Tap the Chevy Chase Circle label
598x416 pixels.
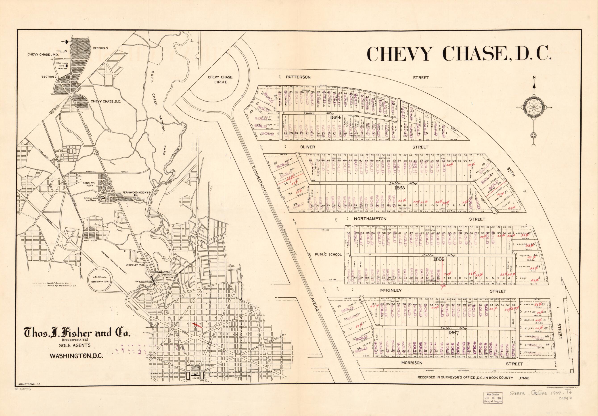[220, 80]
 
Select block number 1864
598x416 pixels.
[335, 117]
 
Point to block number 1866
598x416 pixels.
[439, 259]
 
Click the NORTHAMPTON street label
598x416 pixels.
[370, 219]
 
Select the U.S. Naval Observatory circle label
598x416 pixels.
[100, 278]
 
